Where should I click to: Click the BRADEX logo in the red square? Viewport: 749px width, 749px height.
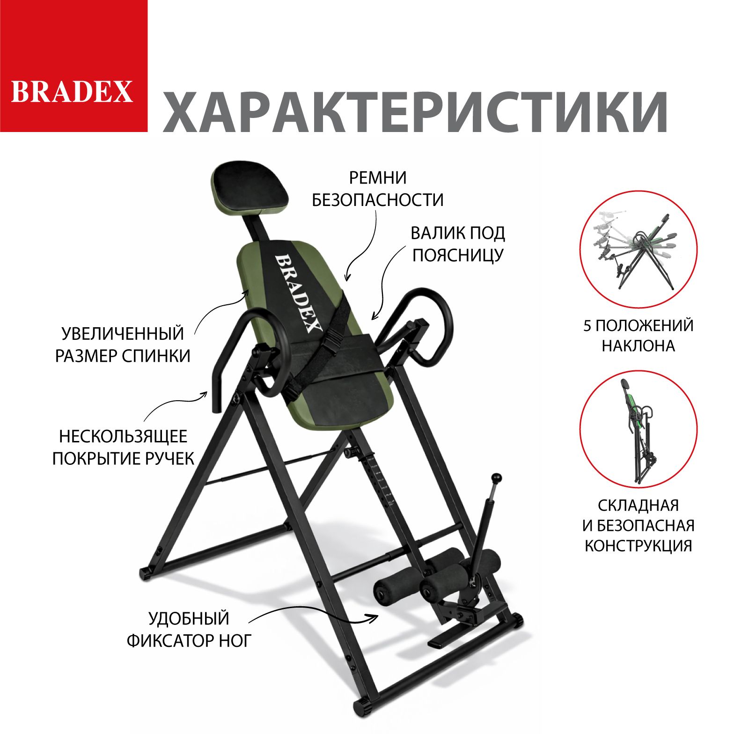(x=72, y=91)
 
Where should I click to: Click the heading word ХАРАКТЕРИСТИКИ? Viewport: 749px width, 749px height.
(x=416, y=112)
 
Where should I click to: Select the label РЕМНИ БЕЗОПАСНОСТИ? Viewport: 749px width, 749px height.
(x=378, y=189)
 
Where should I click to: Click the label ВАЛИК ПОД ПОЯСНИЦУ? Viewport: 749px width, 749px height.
(x=457, y=244)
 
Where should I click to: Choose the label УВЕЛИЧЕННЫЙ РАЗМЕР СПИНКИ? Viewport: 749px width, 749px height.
(x=123, y=345)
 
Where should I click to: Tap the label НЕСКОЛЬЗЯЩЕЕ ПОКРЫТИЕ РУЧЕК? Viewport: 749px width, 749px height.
(x=123, y=447)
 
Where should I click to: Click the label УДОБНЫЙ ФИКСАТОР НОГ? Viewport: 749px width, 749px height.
(x=189, y=629)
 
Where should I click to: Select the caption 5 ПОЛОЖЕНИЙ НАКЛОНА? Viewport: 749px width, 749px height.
(x=638, y=335)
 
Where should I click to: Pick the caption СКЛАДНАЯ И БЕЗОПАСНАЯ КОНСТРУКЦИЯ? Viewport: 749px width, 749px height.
(x=638, y=525)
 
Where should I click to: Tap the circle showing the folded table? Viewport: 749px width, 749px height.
(x=639, y=429)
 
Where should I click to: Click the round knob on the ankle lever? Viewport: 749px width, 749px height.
(x=497, y=479)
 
